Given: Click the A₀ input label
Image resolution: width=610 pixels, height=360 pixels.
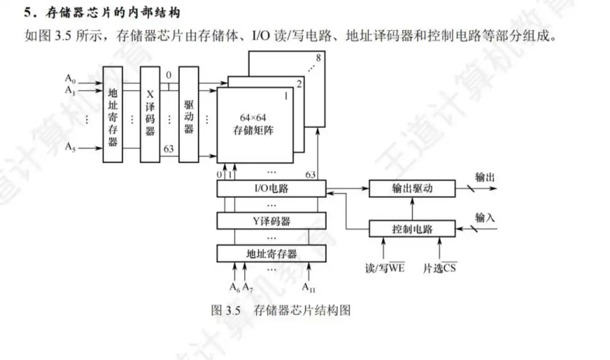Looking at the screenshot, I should point(71,78).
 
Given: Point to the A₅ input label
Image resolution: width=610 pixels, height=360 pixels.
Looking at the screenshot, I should point(71,147).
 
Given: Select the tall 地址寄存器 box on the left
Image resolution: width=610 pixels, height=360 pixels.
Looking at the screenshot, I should point(112,114).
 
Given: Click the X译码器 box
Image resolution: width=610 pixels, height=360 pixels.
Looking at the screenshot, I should point(150,114).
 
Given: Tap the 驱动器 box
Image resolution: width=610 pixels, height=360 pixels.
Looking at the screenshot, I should point(189,114).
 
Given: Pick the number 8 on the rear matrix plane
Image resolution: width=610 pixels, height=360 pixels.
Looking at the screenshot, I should point(318,57).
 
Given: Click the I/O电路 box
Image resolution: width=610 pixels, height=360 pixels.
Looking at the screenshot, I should point(271,188).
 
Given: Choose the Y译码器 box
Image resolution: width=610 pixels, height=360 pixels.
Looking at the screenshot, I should point(271,221).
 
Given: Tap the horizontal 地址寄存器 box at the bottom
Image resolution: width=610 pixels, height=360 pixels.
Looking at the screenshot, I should point(271,253).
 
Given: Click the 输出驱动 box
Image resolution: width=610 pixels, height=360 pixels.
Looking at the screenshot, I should point(412,188).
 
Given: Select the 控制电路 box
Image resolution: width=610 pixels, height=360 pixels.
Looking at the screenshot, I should point(412,229).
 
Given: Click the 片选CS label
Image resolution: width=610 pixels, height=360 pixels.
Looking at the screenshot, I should point(439,267).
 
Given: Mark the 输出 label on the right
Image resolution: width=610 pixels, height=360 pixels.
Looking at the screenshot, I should point(485,177).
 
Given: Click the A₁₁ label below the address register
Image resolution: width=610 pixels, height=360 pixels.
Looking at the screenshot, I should point(309,288).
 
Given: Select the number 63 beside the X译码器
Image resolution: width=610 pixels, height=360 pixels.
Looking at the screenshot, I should point(169,149).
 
